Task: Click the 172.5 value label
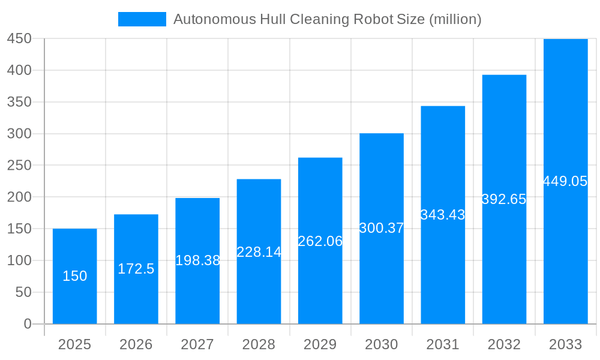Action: (x=136, y=269)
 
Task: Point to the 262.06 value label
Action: (x=320, y=241)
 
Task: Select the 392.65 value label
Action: (x=504, y=199)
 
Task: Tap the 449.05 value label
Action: (x=565, y=181)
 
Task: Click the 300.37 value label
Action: (x=382, y=228)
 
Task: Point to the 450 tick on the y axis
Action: (x=19, y=38)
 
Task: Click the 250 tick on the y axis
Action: (x=19, y=165)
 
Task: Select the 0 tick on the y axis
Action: (x=27, y=324)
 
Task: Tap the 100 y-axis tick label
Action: (x=19, y=260)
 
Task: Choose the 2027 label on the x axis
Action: (x=197, y=344)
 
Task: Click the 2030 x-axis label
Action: (x=382, y=344)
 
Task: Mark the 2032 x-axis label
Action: (x=504, y=344)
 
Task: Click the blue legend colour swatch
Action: (x=142, y=19)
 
